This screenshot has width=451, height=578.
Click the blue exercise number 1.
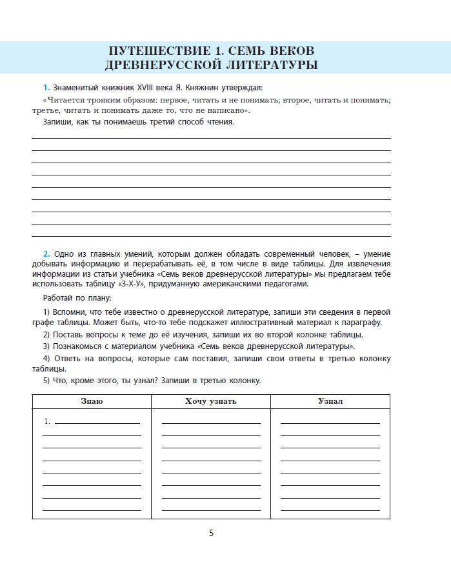click(x=46, y=87)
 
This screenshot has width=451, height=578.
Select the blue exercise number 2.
click(x=46, y=254)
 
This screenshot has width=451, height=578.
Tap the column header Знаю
click(x=92, y=401)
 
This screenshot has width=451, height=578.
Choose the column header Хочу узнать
click(x=210, y=401)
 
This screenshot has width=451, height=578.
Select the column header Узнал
click(x=330, y=401)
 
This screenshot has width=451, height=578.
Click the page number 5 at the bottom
click(x=211, y=533)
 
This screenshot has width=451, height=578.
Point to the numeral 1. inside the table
click(x=47, y=421)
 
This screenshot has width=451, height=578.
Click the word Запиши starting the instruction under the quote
click(x=58, y=122)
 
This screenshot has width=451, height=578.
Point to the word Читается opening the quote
click(x=66, y=101)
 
